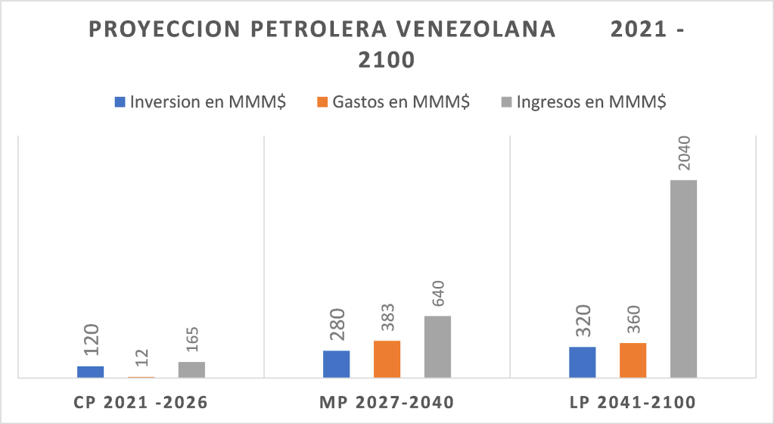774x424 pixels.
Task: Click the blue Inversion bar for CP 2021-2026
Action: pos(91,372)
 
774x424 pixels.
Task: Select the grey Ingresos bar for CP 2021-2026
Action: pos(191,369)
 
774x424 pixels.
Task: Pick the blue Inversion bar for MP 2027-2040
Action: pos(336,364)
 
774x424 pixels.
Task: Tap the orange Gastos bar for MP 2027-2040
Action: pos(387,359)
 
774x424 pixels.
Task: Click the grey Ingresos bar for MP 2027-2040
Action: pos(437,347)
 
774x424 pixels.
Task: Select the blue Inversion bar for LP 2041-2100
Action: pos(582,362)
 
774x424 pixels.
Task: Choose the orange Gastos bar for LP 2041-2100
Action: pos(633,360)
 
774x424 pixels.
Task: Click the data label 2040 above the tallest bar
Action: pos(683,151)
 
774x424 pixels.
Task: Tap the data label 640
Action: pos(438,293)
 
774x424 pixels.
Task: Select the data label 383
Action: pos(387,318)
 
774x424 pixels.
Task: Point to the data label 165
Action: pos(192,339)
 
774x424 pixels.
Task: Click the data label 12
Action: pos(141,358)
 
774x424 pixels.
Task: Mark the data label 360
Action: pos(633,322)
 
